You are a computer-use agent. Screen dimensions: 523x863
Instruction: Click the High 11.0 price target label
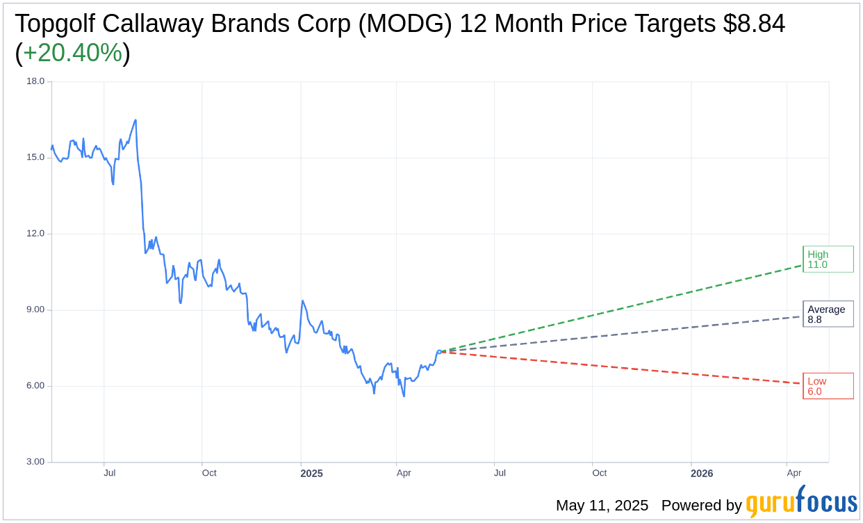pyautogui.click(x=828, y=259)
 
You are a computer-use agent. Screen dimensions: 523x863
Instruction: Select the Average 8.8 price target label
pyautogui.click(x=828, y=314)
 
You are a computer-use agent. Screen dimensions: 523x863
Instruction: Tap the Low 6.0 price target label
pyautogui.click(x=828, y=386)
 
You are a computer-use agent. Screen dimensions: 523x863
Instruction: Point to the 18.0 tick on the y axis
pyautogui.click(x=35, y=81)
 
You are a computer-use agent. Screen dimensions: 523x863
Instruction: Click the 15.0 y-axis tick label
pyautogui.click(x=35, y=157)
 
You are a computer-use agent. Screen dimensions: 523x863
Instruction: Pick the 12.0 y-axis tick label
pyautogui.click(x=35, y=234)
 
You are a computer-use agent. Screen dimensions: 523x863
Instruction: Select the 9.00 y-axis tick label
pyautogui.click(x=35, y=309)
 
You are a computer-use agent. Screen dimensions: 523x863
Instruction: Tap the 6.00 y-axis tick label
pyautogui.click(x=35, y=386)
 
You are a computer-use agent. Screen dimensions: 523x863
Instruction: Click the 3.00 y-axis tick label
pyautogui.click(x=35, y=462)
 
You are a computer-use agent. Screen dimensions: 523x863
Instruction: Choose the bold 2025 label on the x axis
pyautogui.click(x=311, y=474)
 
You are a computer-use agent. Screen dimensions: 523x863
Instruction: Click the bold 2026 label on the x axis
pyautogui.click(x=702, y=474)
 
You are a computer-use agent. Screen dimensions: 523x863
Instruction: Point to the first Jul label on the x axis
pyautogui.click(x=110, y=473)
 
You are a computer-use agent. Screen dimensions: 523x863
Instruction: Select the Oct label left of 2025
pyautogui.click(x=209, y=473)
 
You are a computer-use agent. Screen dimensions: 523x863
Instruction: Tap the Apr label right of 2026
pyautogui.click(x=794, y=473)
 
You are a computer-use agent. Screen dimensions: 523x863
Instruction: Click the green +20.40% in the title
pyautogui.click(x=72, y=53)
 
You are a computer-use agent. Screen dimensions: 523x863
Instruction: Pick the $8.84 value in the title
pyautogui.click(x=754, y=24)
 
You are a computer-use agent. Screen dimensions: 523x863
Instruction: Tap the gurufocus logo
pyautogui.click(x=801, y=501)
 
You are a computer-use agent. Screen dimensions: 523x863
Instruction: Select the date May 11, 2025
pyautogui.click(x=602, y=506)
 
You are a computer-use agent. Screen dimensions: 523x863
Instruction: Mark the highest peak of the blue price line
pyautogui.click(x=135, y=120)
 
